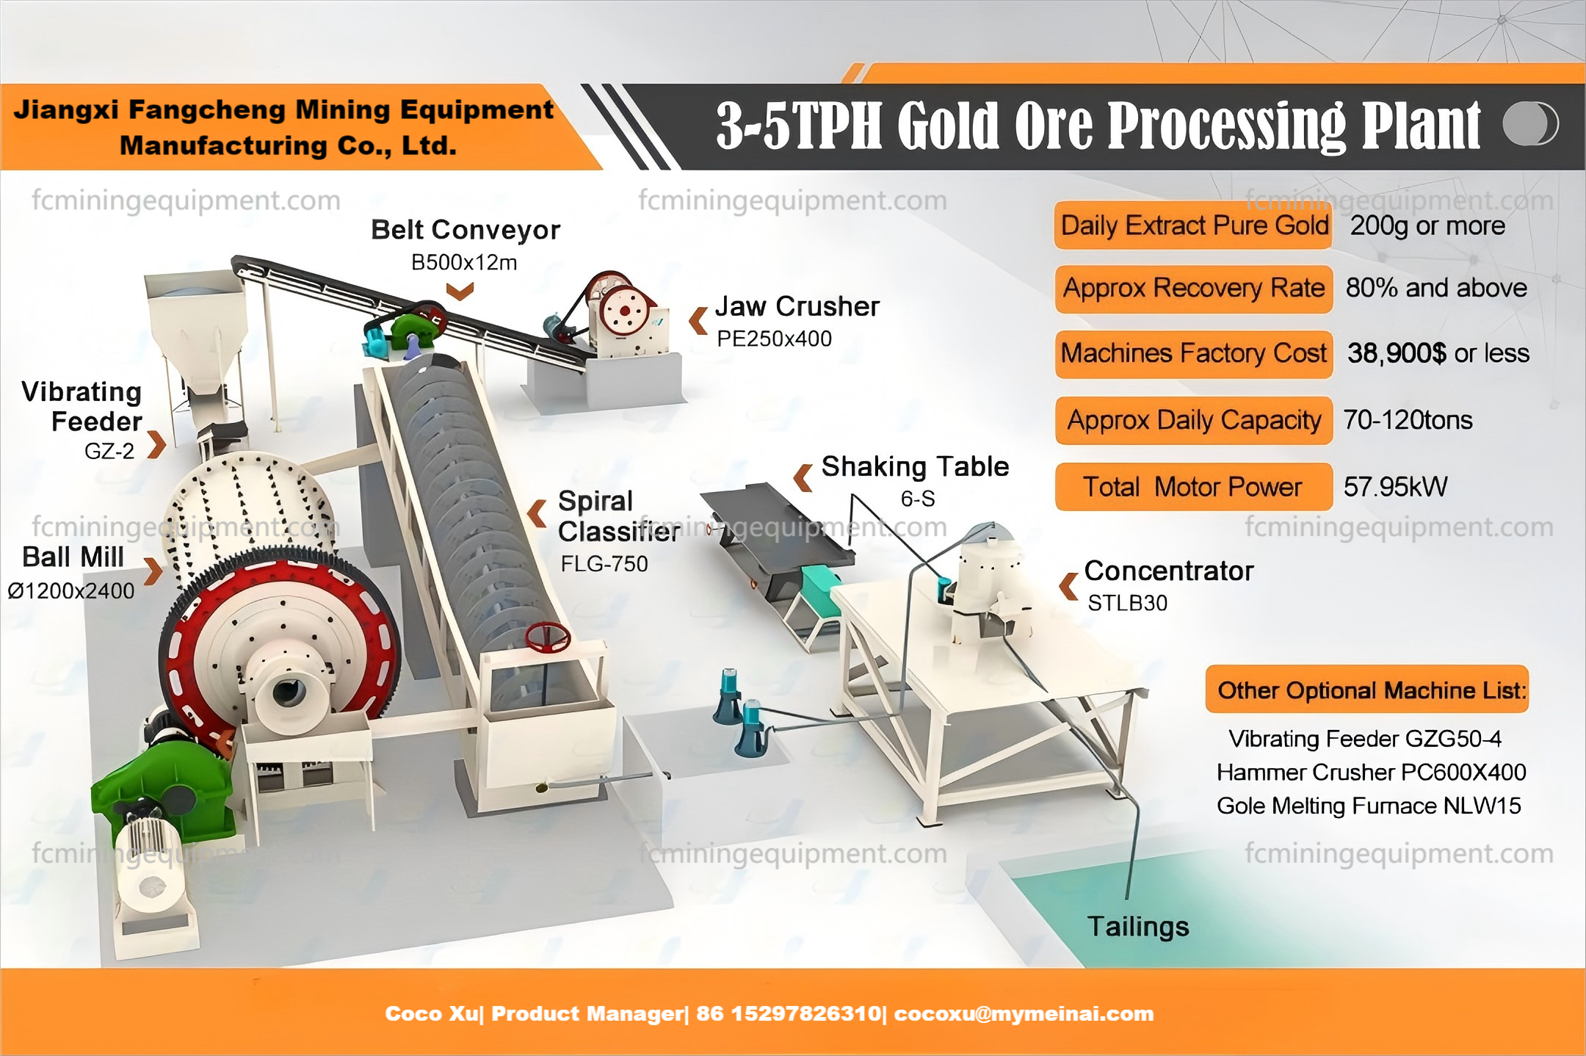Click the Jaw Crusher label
coord(797,306)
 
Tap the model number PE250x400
coord(774,339)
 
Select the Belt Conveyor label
coord(465,230)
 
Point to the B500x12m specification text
coord(463,262)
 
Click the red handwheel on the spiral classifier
coord(547,637)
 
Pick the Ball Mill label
coord(73,557)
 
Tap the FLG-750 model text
coord(604,563)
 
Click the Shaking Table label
coord(914,466)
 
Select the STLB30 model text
coord(1127,603)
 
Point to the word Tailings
coord(1137,926)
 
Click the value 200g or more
coord(1427,225)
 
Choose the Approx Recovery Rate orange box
coord(1193,288)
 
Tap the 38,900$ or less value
coord(1438,353)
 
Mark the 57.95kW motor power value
coord(1395,486)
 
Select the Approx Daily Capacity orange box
coord(1193,420)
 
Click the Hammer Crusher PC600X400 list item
coord(1371,772)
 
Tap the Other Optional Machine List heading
coord(1366,690)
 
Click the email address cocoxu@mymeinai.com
coord(1024,1013)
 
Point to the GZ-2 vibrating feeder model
coord(109,451)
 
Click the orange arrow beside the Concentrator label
coord(1068,586)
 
